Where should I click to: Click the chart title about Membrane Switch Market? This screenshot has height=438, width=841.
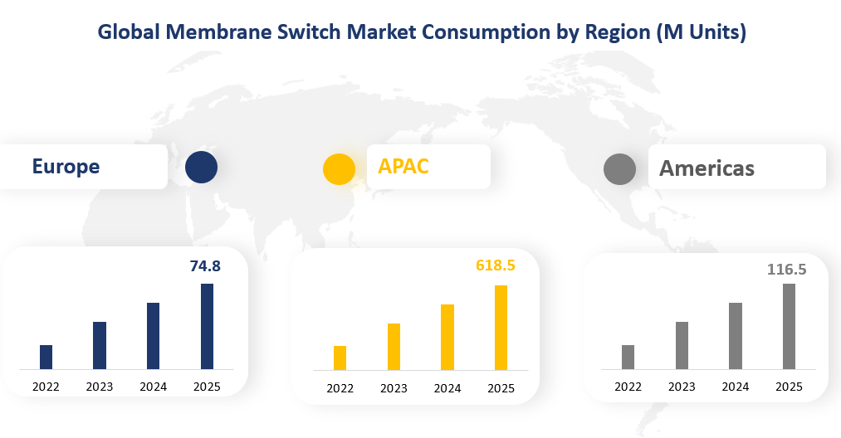422,32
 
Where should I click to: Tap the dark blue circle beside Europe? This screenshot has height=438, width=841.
201,167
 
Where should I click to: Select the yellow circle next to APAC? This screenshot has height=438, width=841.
339,168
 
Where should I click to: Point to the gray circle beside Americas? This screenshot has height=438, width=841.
619,169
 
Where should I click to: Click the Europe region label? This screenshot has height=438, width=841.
66,166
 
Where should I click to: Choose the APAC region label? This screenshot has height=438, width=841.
403,166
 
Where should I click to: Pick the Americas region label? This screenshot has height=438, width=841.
707,168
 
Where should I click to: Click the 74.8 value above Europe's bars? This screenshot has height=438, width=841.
205,266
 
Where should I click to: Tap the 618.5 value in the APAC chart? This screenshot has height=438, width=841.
496,265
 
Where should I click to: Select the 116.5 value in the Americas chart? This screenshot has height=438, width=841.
786,269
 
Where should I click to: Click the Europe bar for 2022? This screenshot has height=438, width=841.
46,357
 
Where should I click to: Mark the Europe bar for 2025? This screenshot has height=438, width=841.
207,326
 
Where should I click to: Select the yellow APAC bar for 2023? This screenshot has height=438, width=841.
394,347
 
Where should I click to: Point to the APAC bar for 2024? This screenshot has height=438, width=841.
447,337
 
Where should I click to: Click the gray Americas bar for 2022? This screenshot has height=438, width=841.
628,357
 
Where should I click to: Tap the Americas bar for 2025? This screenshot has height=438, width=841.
789,326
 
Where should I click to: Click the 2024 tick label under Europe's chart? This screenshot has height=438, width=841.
153,387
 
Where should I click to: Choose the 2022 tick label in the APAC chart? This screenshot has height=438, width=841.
340,388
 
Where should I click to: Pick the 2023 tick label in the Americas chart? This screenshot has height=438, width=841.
682,387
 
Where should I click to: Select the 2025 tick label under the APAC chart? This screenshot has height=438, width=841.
501,388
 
